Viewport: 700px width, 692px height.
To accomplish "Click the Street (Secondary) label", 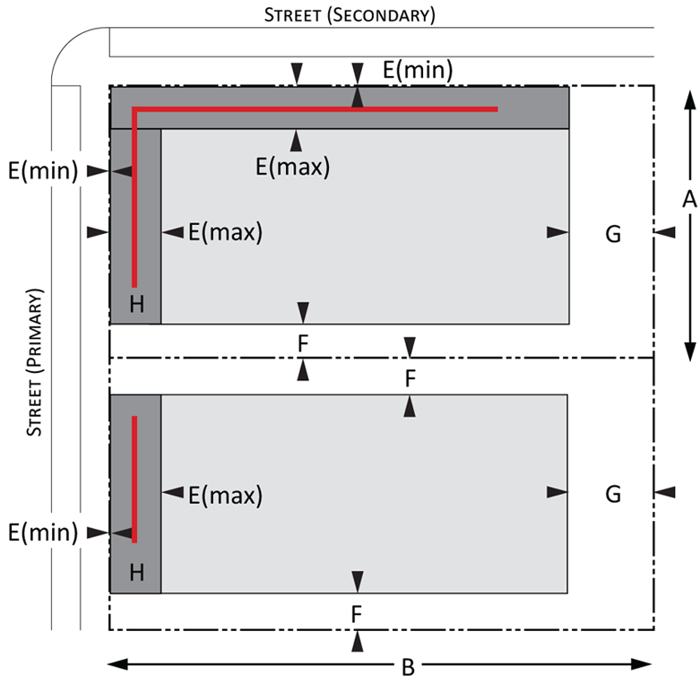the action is pos(350,15).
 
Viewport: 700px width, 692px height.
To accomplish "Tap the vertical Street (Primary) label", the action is pos(34,362).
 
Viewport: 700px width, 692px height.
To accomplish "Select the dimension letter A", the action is pos(690,199).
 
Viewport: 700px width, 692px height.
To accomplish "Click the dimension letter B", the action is pos(408,668).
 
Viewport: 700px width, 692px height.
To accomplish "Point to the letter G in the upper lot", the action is pos(613,233).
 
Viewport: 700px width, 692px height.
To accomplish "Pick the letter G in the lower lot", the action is pos(613,494).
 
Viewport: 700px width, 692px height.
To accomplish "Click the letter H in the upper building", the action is pos(136,305).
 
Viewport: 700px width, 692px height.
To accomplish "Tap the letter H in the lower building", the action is pos(136,573).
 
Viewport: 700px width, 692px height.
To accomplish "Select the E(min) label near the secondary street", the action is pos(418,70).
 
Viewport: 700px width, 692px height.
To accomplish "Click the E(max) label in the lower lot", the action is pos(226,495).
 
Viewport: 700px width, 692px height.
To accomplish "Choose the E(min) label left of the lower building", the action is pos(43,532).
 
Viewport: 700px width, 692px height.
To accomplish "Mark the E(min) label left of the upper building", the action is pos(43,170).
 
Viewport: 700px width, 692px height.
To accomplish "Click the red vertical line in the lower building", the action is pos(134,479).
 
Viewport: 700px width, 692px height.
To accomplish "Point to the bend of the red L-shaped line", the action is pos(134,109).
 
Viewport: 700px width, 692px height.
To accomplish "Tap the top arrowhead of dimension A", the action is pos(690,99).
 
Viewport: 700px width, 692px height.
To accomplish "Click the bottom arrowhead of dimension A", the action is pos(690,351).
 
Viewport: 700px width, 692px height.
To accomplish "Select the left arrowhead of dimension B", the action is pos(117,664).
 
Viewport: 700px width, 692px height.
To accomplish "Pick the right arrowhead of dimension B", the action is pos(641,664).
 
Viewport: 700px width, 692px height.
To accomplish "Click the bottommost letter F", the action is pos(356,614).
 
